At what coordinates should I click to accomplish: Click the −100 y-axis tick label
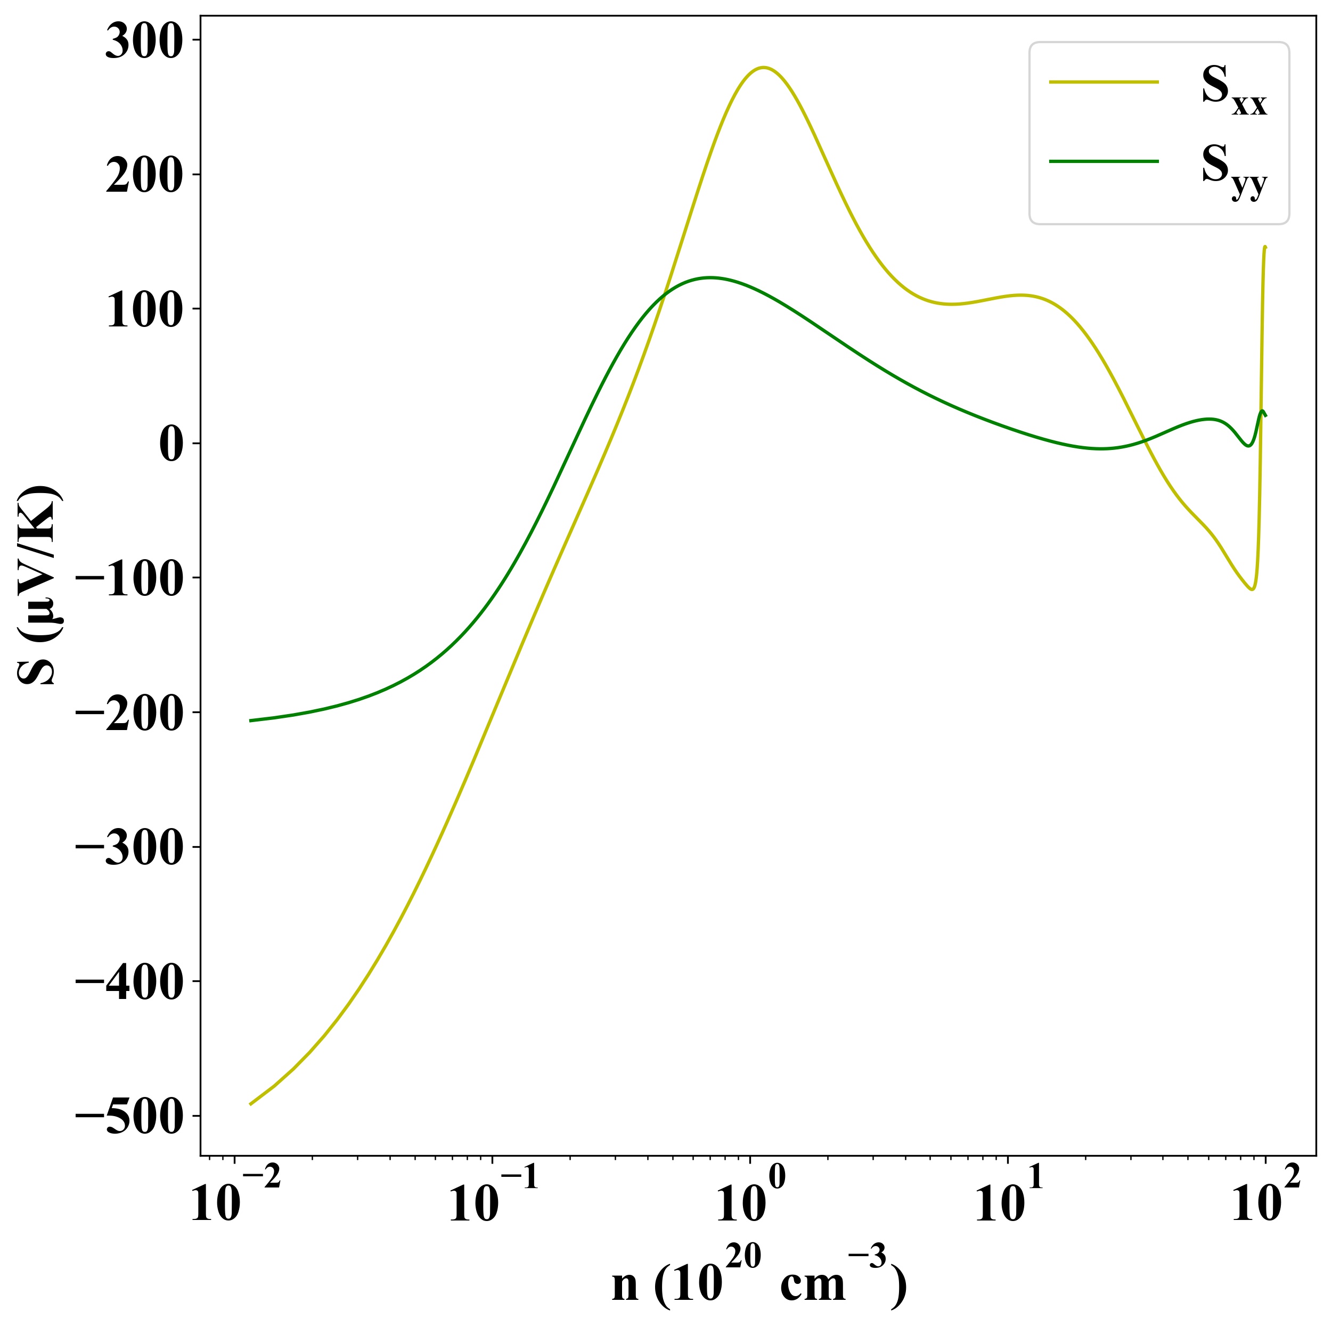click(129, 580)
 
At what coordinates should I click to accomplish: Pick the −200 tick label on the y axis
click(129, 714)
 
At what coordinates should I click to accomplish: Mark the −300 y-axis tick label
click(129, 849)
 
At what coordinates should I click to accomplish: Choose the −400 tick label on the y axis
click(129, 983)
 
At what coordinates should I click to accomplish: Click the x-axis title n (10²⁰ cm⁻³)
click(758, 1281)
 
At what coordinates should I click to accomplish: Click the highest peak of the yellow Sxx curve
click(763, 68)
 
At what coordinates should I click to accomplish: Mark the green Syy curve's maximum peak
click(710, 278)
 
